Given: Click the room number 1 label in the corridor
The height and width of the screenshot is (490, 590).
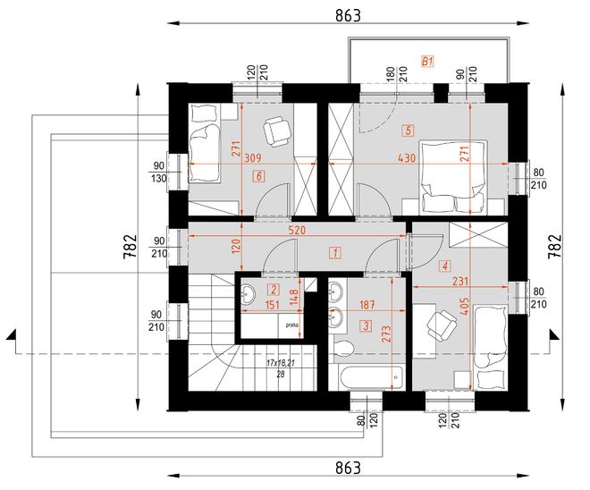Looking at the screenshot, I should [333, 253].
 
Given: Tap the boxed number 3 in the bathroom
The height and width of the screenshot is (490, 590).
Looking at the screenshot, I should [341, 326].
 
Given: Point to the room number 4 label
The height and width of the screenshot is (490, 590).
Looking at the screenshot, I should [444, 265].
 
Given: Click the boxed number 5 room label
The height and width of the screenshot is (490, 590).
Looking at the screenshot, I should [408, 131].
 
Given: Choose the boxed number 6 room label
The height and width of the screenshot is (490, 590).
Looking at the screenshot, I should [258, 177].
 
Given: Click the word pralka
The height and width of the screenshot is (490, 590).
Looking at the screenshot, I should [291, 325].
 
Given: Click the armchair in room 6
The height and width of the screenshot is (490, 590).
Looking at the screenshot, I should [278, 131].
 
